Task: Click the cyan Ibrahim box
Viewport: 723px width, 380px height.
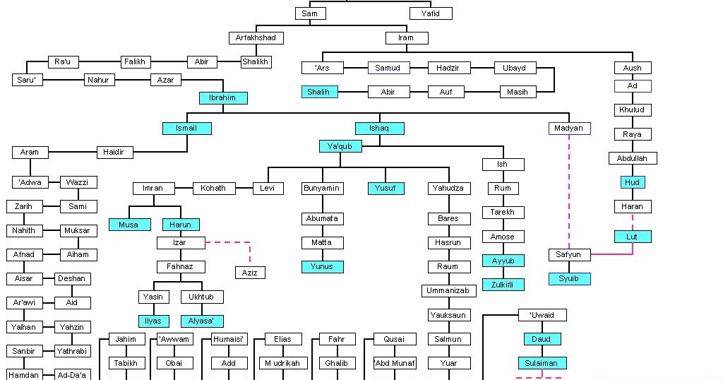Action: coord(222,98)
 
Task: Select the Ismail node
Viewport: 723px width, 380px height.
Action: coord(186,129)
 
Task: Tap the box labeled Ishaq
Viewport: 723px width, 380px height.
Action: coord(379,129)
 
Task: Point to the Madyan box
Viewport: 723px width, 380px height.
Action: coord(569,129)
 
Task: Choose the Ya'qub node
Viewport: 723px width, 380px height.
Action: coord(340,146)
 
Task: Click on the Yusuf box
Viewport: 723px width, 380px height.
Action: coord(386,189)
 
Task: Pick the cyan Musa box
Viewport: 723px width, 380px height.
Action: coord(129,225)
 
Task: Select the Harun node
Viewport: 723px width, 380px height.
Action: coord(180,225)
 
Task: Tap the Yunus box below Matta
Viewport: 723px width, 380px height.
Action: coord(322,267)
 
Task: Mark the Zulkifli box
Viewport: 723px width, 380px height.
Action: coord(503,285)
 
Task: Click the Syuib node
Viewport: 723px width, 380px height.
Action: coord(569,279)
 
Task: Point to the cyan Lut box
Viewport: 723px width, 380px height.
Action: coord(632,237)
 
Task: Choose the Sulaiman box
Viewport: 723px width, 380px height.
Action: coord(541,363)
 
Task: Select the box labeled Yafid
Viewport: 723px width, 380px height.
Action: coord(431,13)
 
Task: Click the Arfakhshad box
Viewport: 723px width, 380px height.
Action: coord(256,37)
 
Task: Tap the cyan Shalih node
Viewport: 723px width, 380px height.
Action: coord(319,92)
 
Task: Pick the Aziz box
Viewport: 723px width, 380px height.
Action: coord(250,273)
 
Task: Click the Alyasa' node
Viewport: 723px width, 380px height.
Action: coord(202,321)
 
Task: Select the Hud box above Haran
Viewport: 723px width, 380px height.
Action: coord(632,182)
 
